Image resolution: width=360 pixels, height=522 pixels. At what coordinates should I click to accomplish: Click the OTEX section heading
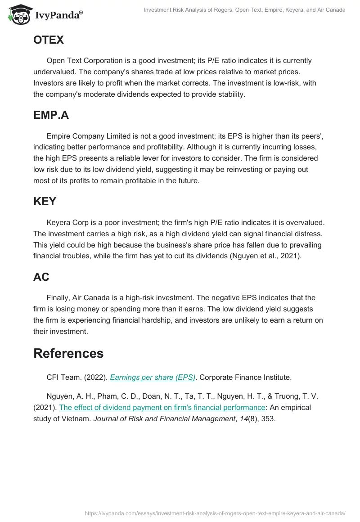pos(49,40)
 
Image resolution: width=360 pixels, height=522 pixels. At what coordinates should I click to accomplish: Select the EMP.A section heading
pos(51,115)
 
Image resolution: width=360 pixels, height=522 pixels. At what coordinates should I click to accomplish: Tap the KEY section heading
pos(45,202)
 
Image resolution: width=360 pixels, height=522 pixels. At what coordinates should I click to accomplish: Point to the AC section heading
pos(41,277)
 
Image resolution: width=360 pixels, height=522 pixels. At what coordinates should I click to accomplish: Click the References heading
pos(68,353)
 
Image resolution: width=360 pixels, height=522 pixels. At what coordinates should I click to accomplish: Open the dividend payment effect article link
pos(162,407)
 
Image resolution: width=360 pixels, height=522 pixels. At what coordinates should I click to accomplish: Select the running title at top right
pos(244,10)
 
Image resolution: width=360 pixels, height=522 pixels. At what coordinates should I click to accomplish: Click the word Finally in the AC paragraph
pos(58,298)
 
